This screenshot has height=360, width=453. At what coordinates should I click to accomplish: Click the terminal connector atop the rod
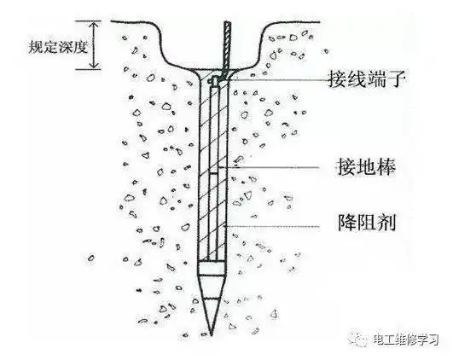click(215, 80)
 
